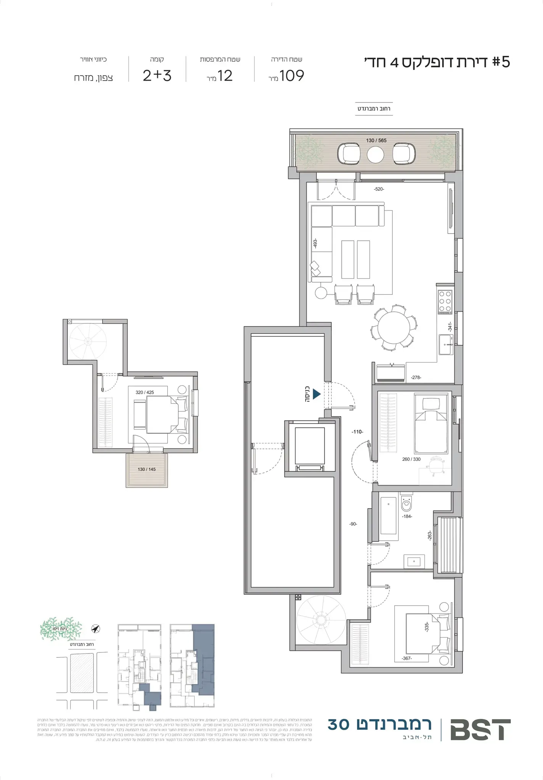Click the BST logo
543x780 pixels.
tap(480, 730)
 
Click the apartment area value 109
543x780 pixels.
tap(292, 76)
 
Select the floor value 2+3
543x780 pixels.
tap(157, 76)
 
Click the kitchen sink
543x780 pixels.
tap(445, 344)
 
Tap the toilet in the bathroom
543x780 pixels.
tap(406, 505)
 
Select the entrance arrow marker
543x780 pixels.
tap(316, 394)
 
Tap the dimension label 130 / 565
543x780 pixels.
tap(376, 141)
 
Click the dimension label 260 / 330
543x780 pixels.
tap(411, 459)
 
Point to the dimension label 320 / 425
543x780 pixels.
tap(145, 392)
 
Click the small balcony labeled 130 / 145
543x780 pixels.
tap(147, 470)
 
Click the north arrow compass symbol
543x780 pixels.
tap(96, 629)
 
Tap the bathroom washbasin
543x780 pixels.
tap(413, 561)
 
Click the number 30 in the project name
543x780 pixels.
tap(338, 725)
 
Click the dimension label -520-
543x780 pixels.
tap(379, 189)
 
